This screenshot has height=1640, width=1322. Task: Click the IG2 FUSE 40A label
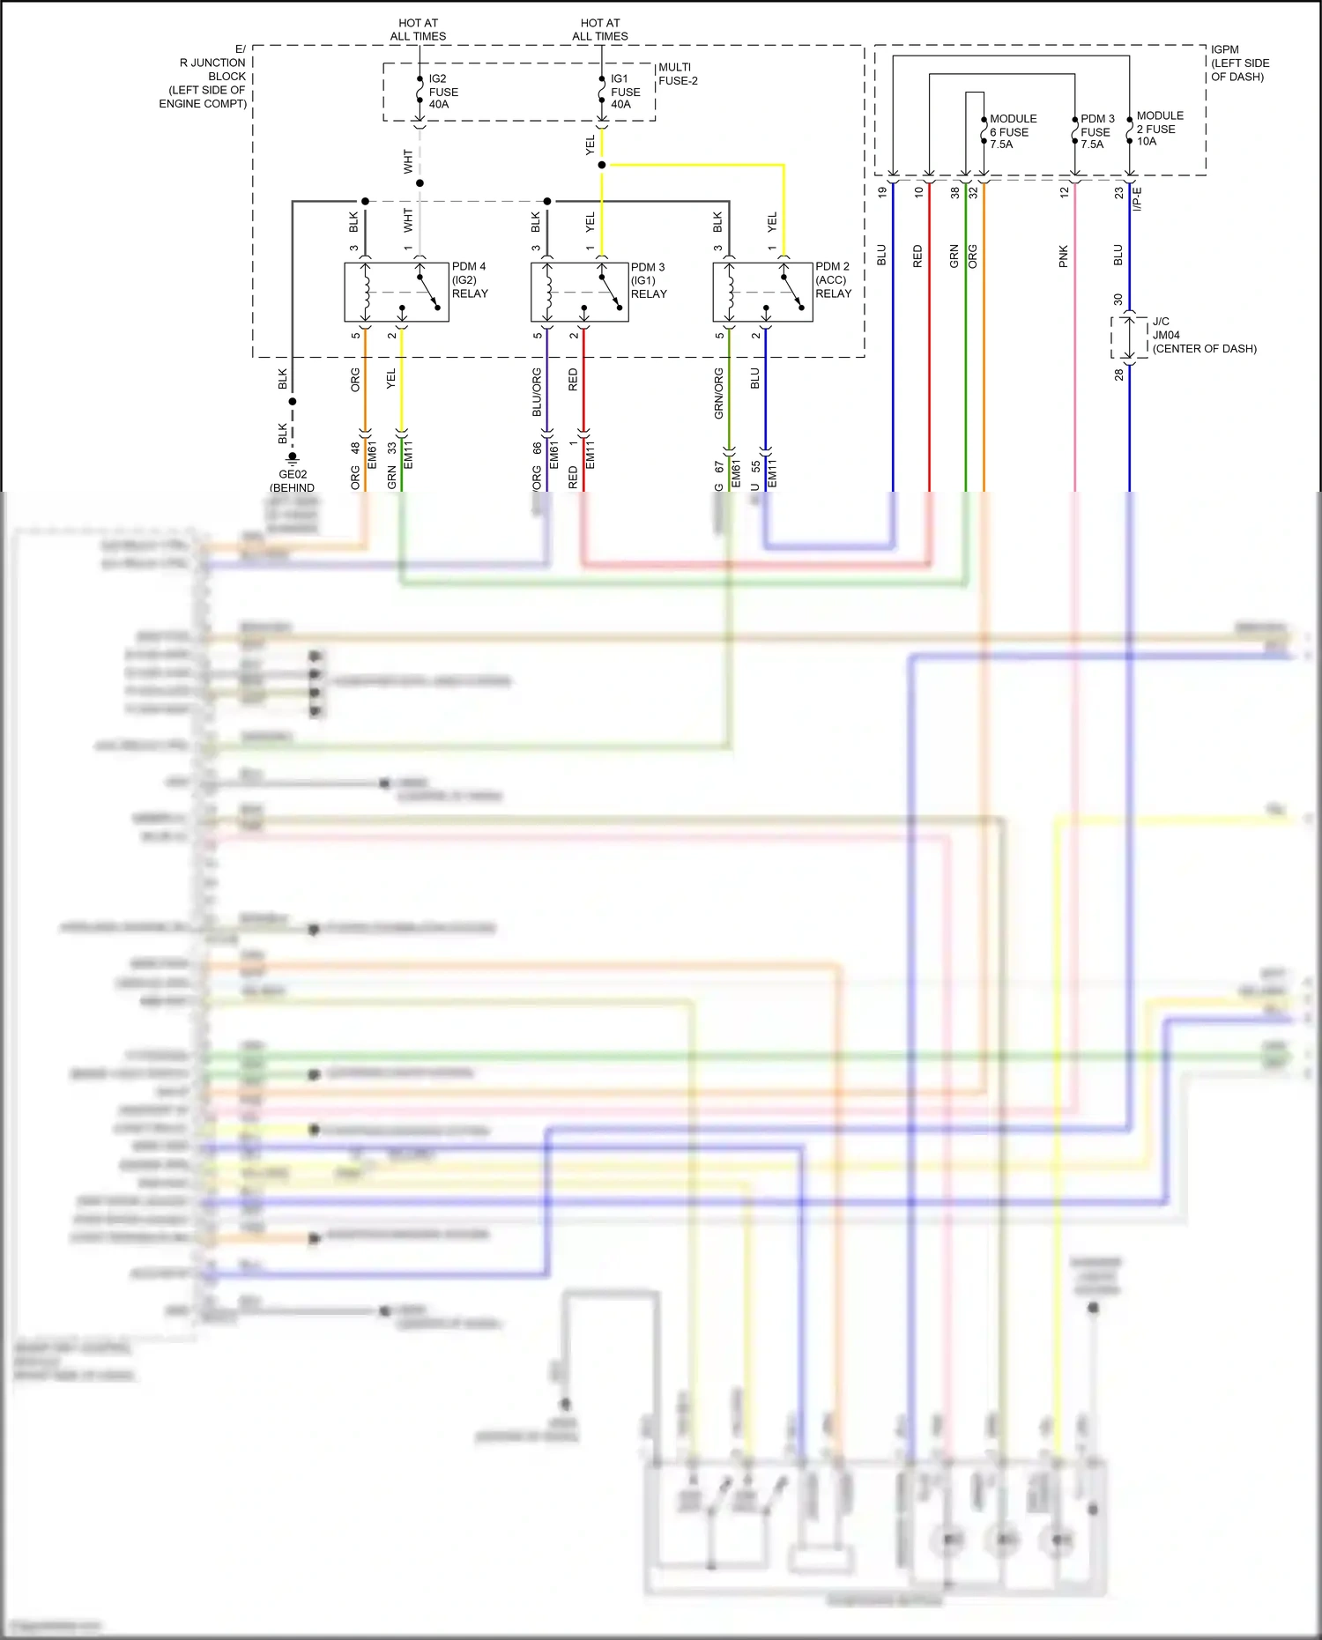[x=442, y=92]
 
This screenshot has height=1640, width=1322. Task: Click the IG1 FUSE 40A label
[x=625, y=92]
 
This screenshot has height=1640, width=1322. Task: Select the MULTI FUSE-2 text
[x=677, y=74]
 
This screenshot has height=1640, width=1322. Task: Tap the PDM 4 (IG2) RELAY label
[x=469, y=279]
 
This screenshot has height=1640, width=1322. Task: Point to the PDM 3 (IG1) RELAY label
[x=649, y=280]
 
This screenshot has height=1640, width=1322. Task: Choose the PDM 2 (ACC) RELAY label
[x=833, y=279]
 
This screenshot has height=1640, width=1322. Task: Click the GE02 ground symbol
[x=293, y=458]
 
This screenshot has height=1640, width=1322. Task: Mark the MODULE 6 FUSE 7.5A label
[x=1012, y=131]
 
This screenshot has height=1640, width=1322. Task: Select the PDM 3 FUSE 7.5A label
[x=1097, y=131]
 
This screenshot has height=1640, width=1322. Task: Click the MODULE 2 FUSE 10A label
[x=1159, y=129]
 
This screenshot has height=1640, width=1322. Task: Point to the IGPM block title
[x=1238, y=63]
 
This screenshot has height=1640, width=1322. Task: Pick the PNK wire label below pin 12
[x=1063, y=256]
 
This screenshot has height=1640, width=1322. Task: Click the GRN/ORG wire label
[x=718, y=393]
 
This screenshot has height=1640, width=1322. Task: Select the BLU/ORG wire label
[x=537, y=392]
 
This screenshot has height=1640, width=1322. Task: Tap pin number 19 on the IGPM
[x=882, y=192]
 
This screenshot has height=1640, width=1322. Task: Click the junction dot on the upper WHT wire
[x=420, y=183]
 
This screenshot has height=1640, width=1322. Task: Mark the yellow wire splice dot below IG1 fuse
[x=602, y=165]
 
